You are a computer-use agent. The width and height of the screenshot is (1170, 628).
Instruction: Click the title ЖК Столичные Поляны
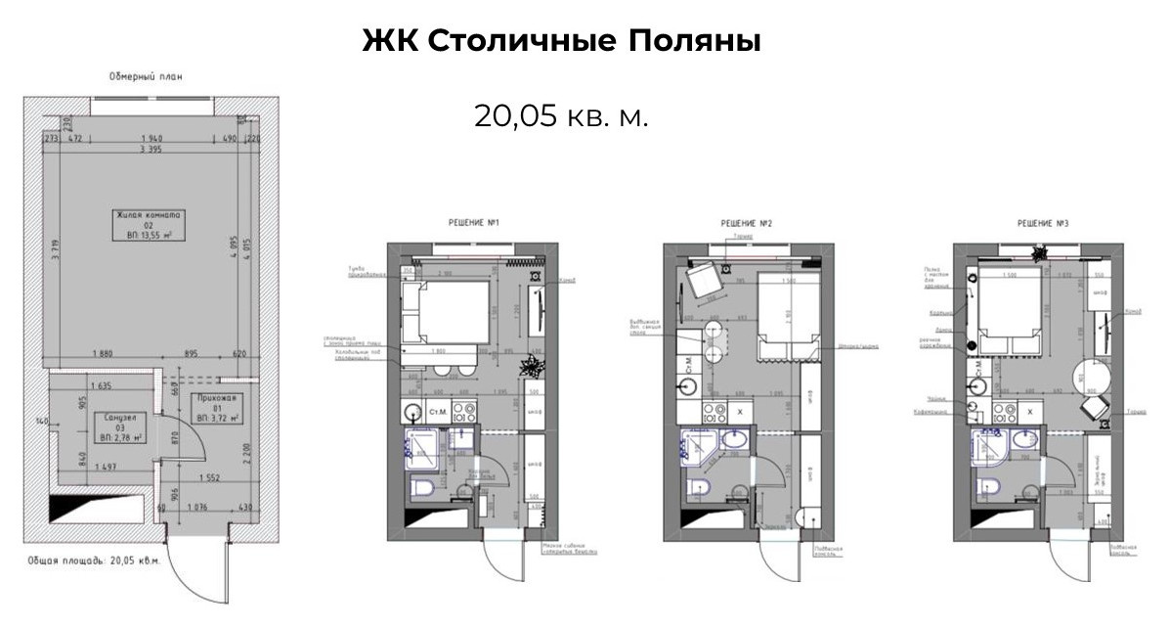click(561, 42)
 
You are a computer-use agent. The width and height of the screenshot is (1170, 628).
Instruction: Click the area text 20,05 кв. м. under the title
click(561, 116)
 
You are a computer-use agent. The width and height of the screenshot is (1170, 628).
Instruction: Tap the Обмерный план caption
click(146, 76)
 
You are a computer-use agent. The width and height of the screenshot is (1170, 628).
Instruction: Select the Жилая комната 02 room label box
click(151, 224)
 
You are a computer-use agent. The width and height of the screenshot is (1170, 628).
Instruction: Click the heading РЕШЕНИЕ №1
click(473, 224)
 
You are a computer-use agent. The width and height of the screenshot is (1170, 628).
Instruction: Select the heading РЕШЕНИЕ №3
click(1042, 224)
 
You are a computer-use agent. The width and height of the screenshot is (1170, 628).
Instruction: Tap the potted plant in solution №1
click(534, 367)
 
